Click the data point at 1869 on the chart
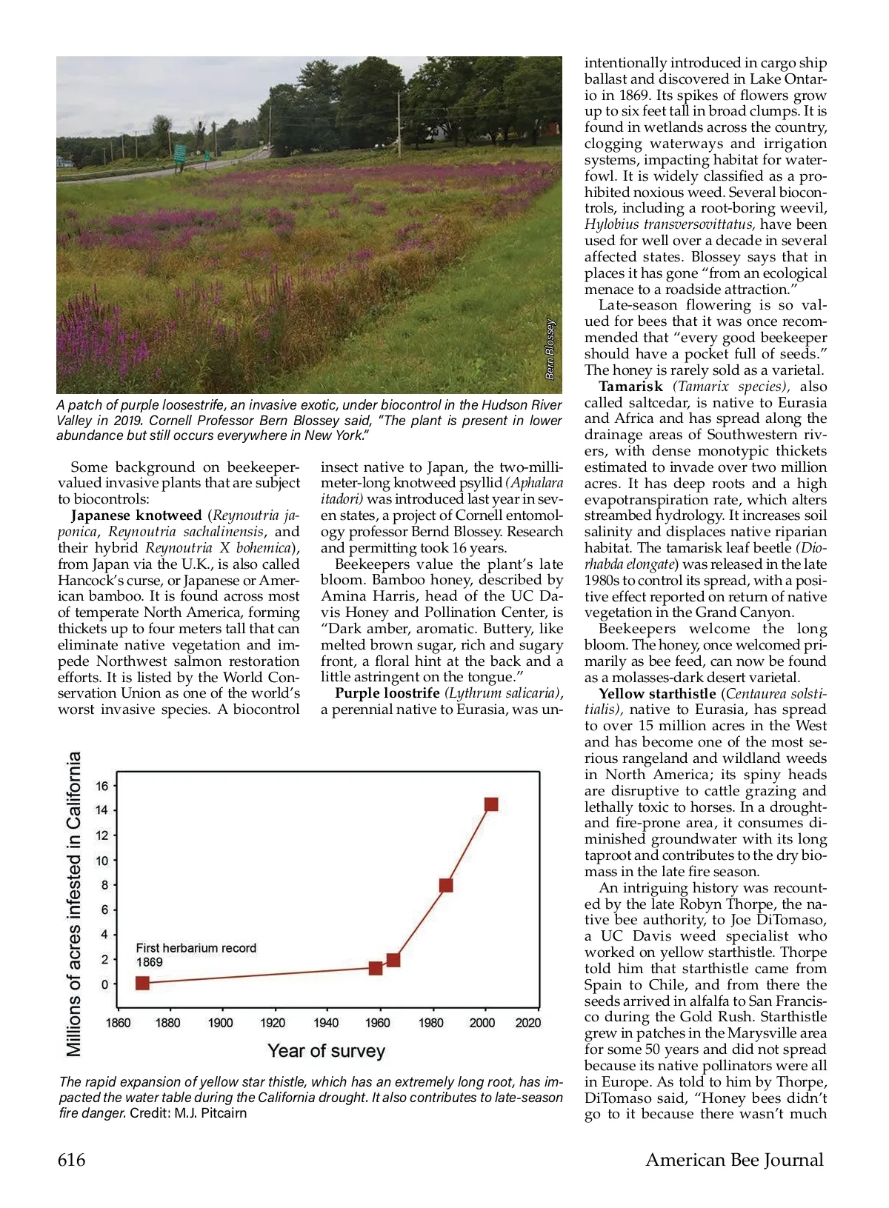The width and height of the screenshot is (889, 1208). coord(142,983)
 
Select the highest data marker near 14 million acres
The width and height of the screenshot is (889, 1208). coord(491,804)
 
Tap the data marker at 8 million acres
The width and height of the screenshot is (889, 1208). coord(446,885)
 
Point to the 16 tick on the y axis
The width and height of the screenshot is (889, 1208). coord(102,786)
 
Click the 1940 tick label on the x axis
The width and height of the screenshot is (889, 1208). coord(326,1023)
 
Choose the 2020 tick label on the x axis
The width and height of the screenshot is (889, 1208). coord(527,1023)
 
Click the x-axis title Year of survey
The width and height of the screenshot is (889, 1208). coord(327,1051)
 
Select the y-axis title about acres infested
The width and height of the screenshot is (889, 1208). coord(74,904)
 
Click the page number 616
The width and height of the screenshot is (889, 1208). coord(72,1160)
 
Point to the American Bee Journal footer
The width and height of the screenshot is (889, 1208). coord(734,1160)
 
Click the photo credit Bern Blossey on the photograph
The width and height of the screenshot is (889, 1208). coord(550,350)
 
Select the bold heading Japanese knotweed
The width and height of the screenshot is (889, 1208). coord(136,515)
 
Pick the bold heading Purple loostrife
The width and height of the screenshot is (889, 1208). coord(387,693)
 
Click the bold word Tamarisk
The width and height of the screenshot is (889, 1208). coord(630,387)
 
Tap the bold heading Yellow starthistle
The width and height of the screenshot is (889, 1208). coord(657,694)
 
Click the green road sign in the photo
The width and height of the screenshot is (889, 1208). coord(180,154)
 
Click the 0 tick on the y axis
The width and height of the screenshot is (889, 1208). coord(104,984)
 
